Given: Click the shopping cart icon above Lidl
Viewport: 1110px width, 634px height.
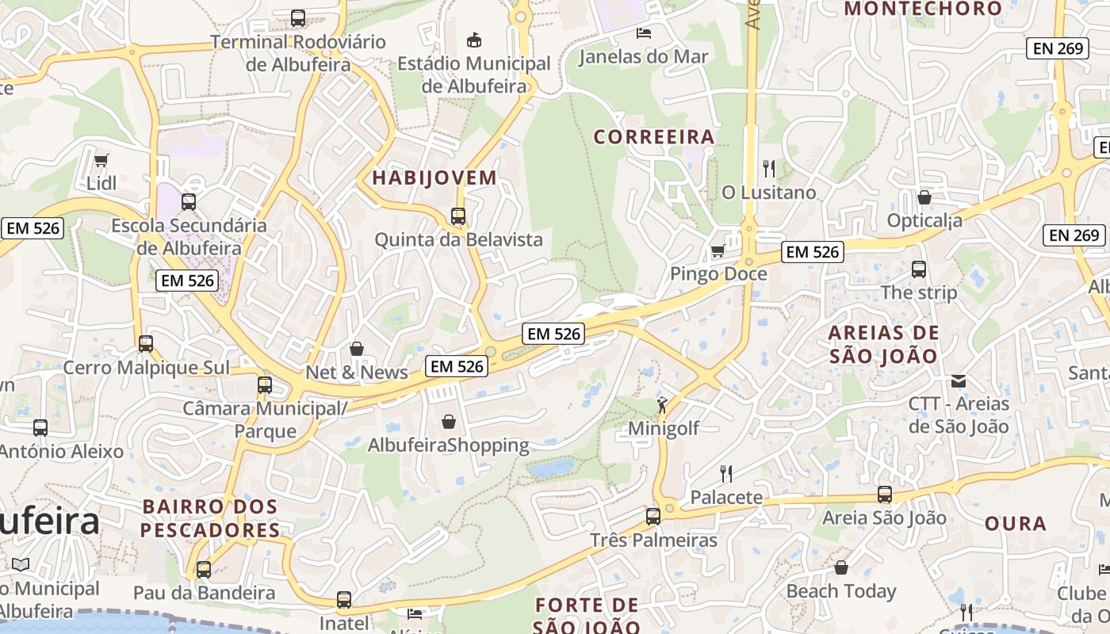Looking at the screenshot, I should coord(101,161).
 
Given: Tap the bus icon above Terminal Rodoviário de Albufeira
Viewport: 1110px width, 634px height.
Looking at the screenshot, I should coord(298,17).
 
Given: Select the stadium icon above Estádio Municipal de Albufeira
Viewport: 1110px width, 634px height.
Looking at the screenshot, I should coord(474,40).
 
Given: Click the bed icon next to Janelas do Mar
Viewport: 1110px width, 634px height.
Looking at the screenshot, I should coord(644,32).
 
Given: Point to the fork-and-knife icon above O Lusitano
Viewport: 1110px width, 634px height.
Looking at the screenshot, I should coord(768,168).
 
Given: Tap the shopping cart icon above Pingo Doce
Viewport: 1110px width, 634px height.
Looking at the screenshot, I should coord(718,250).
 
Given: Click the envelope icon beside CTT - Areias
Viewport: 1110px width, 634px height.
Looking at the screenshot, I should coord(959,380).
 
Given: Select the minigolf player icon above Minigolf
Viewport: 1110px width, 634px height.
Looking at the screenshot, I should coord(662,406).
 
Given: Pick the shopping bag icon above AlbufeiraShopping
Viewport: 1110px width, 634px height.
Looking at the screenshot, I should coord(449,422).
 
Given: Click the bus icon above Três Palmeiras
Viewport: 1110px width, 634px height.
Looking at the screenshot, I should coord(653,517).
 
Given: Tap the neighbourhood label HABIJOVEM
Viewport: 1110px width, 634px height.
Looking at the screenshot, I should coord(434,178).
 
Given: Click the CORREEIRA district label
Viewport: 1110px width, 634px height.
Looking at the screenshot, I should coord(654,137).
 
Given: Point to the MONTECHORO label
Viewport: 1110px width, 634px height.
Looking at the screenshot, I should coord(924,9).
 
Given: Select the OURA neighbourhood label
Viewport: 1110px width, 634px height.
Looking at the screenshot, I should coord(1016,524).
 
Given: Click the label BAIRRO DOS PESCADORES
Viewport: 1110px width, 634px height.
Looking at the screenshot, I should coord(210,518).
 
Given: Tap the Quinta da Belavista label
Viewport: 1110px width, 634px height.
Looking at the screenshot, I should coord(458,239).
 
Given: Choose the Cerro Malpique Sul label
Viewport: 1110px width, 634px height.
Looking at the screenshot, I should coord(146,368).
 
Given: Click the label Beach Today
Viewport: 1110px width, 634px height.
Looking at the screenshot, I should coord(840,591).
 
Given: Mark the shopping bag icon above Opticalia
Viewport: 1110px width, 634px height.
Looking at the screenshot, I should coord(924,197).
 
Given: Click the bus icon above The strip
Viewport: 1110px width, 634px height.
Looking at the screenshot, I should coord(919,269).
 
